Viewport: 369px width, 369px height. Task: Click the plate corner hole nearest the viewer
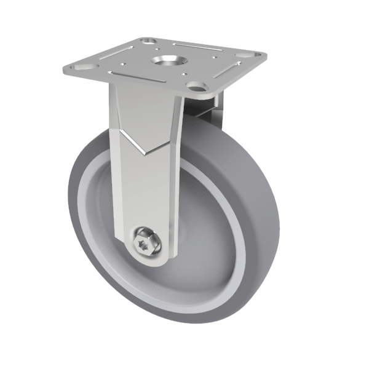click(195, 86)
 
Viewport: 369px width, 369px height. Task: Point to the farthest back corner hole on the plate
click(148, 41)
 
